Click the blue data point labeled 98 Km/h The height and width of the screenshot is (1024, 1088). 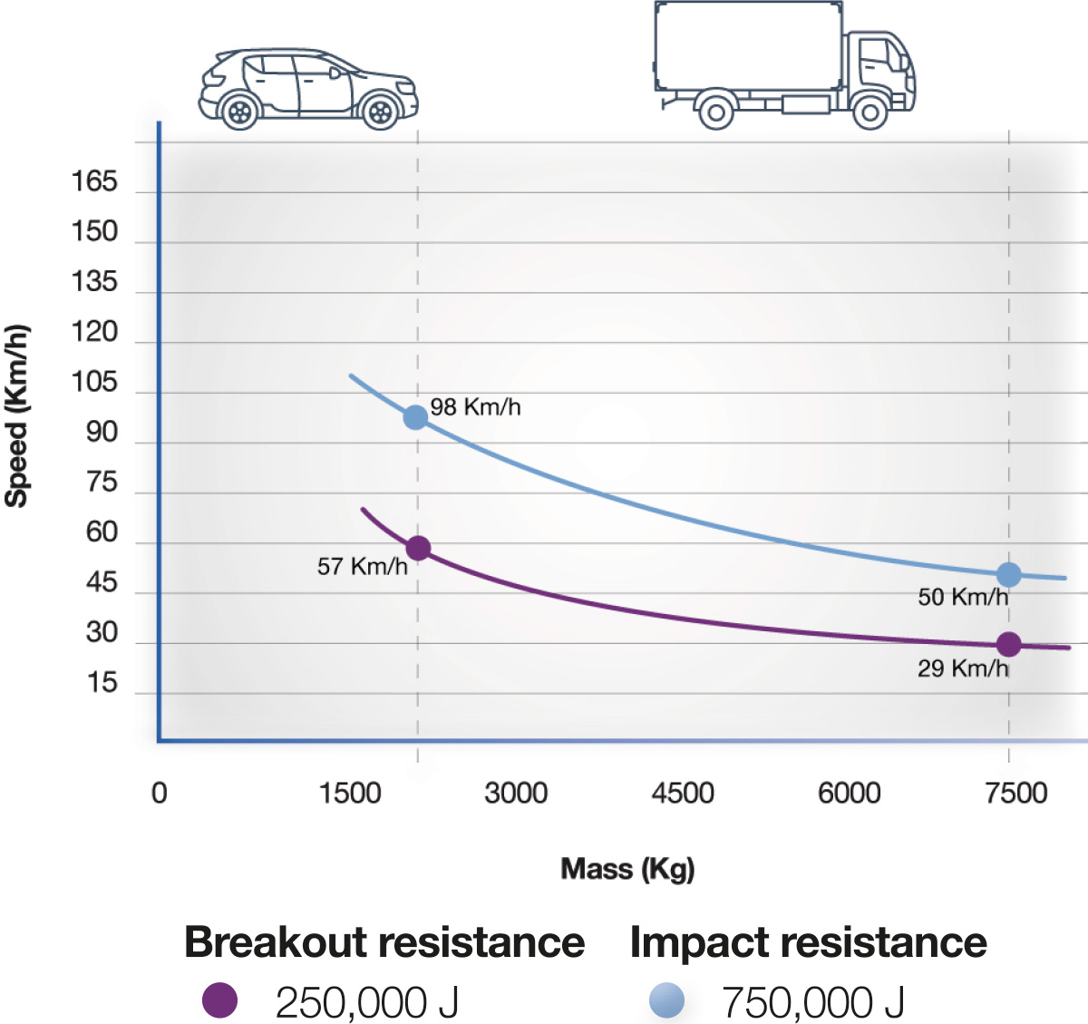(x=415, y=417)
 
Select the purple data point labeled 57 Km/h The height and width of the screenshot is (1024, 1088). (x=418, y=548)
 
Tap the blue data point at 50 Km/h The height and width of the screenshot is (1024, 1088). (x=1008, y=574)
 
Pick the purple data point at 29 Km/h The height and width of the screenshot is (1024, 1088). (x=1008, y=644)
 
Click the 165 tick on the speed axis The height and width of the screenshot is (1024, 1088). (x=94, y=182)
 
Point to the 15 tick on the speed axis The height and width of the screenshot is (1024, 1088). (x=102, y=683)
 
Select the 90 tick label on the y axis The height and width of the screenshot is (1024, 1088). (x=102, y=433)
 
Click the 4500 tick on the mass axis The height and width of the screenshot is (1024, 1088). (x=682, y=794)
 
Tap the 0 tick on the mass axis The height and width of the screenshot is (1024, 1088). (x=160, y=794)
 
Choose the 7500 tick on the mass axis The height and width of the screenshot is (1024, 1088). (x=1015, y=794)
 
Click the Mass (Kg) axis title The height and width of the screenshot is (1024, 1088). (x=627, y=869)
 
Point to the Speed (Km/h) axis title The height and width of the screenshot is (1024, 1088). (x=17, y=415)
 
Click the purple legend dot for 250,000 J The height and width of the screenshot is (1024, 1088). (x=220, y=1001)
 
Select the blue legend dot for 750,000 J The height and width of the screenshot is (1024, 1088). (x=666, y=1001)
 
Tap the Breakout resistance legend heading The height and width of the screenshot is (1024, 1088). (x=384, y=942)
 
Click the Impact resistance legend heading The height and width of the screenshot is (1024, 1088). (x=808, y=942)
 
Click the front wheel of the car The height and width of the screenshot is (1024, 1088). (x=381, y=112)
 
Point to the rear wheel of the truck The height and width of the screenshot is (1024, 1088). (x=716, y=112)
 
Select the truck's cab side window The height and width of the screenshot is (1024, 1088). (x=875, y=54)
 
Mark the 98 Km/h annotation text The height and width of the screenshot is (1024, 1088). (x=475, y=407)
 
